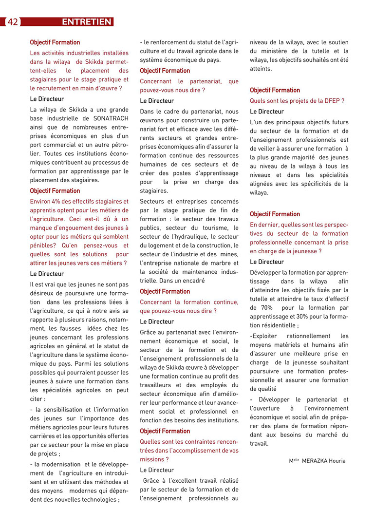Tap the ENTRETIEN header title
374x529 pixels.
87,22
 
